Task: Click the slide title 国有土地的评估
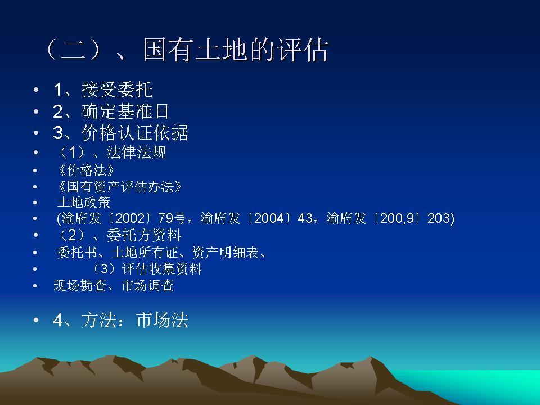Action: coord(186,51)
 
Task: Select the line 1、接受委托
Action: coord(103,90)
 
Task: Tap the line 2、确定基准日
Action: coord(111,111)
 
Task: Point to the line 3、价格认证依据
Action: coord(120,133)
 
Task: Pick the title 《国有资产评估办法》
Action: coord(120,187)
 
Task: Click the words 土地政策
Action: coord(84,202)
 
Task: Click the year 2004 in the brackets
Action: coord(268,219)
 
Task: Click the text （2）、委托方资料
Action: coord(119,235)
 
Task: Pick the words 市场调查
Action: coord(147,286)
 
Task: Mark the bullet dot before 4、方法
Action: coord(36,321)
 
